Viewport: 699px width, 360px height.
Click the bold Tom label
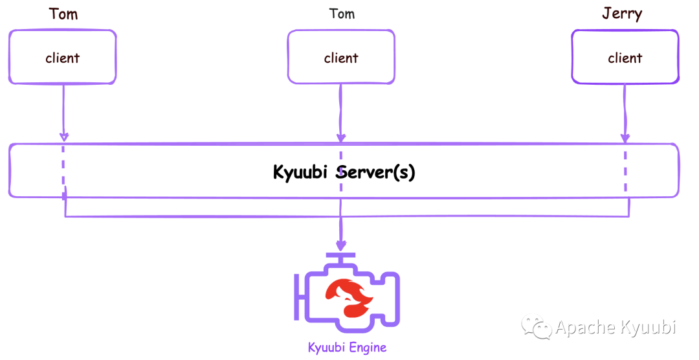click(63, 14)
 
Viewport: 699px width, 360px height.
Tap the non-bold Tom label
click(342, 14)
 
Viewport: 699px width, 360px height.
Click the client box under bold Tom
click(63, 58)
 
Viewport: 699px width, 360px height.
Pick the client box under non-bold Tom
click(341, 58)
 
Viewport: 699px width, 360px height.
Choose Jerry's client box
click(625, 58)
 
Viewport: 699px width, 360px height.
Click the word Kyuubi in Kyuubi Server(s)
click(301, 173)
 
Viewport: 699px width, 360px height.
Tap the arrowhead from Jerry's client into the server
click(625, 137)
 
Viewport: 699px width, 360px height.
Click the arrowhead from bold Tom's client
click(63, 137)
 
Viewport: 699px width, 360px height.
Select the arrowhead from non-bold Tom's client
click(341, 137)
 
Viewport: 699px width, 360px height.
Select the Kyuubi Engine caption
click(347, 348)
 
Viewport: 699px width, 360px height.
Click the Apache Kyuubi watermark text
click(616, 327)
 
